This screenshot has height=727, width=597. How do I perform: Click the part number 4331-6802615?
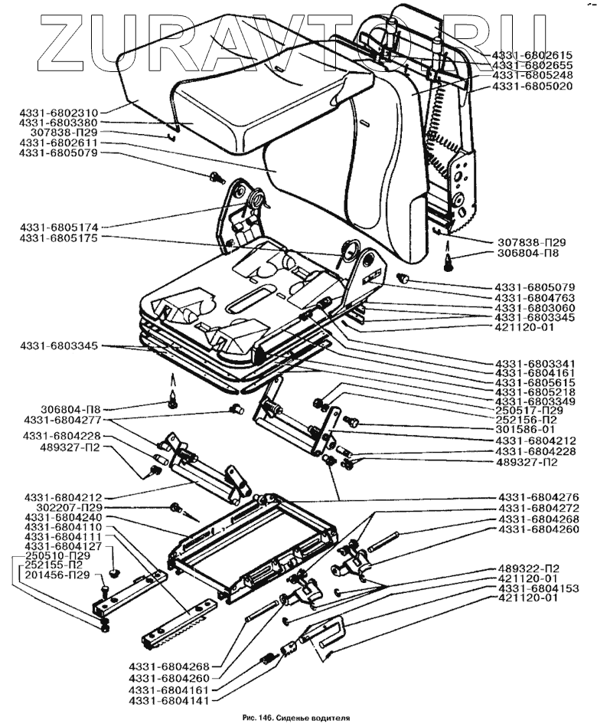(x=533, y=54)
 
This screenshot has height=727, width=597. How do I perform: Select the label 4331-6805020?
(x=533, y=87)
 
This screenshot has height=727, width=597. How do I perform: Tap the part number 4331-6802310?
(x=58, y=113)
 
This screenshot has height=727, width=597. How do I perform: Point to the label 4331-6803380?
(x=58, y=123)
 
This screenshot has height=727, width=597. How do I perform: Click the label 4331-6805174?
(x=58, y=228)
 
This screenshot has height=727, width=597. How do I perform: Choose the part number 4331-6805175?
(x=58, y=237)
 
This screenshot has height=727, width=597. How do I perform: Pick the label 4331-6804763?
(x=535, y=298)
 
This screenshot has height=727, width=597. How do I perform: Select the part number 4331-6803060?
(x=535, y=308)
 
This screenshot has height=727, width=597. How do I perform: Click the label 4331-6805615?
(x=535, y=382)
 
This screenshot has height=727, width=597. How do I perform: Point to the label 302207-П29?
(x=65, y=507)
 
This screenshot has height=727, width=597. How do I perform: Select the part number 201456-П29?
(x=54, y=575)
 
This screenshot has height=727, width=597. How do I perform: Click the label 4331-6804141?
(x=169, y=701)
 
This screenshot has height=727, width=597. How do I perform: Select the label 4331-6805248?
(x=533, y=75)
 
